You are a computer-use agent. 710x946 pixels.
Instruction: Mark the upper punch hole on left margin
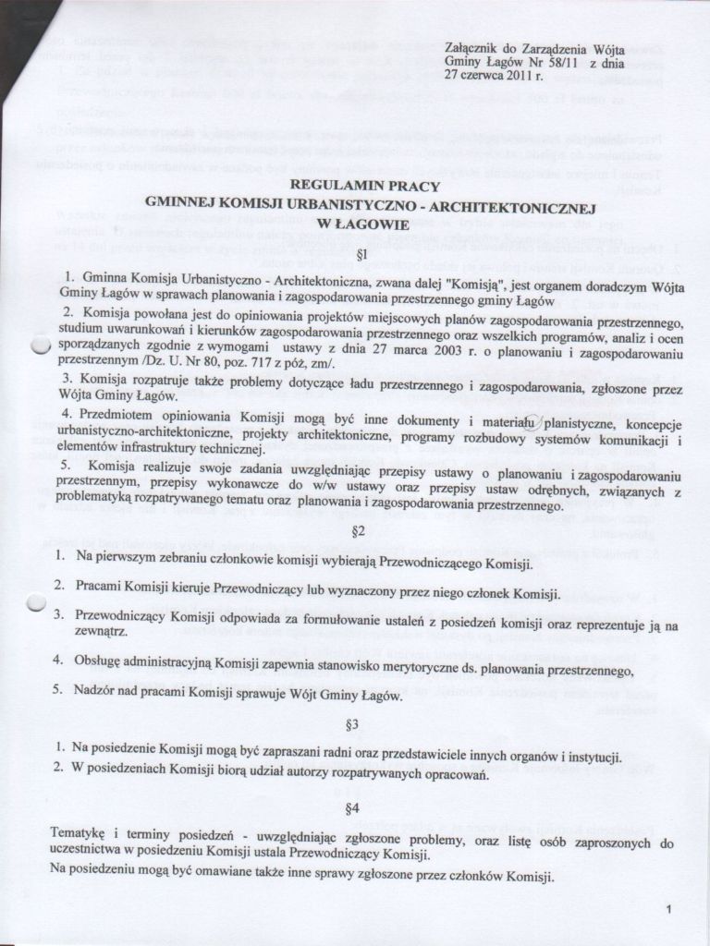point(38,346)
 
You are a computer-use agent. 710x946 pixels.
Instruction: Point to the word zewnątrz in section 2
point(101,632)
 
